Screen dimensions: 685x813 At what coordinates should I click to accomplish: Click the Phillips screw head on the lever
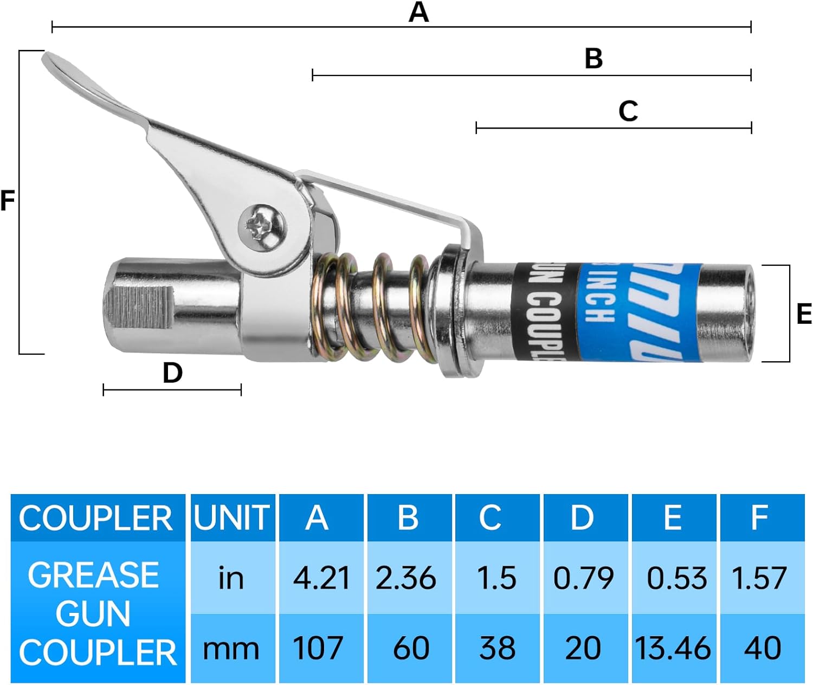pyautogui.click(x=261, y=227)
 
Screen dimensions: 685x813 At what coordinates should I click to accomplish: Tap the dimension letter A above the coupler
pyautogui.click(x=418, y=12)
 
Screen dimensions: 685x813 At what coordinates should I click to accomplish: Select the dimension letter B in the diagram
pyautogui.click(x=593, y=58)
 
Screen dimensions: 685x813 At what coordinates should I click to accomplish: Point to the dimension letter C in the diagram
pyautogui.click(x=628, y=111)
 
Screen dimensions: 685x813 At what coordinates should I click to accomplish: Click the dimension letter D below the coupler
pyautogui.click(x=172, y=373)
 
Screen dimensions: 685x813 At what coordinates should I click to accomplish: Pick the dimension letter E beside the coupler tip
pyautogui.click(x=804, y=314)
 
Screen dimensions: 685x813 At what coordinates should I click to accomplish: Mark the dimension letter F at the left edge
pyautogui.click(x=8, y=201)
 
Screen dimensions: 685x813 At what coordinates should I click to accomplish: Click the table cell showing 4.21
pyautogui.click(x=321, y=578)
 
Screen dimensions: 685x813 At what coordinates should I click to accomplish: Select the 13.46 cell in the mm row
pyautogui.click(x=673, y=648)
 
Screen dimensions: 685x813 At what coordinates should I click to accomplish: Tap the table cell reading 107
pyautogui.click(x=318, y=648)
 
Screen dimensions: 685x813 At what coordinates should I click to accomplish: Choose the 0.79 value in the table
pyautogui.click(x=583, y=578)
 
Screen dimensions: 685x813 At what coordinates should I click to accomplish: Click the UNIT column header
pyautogui.click(x=232, y=518)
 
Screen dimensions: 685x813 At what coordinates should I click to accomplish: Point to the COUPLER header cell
pyautogui.click(x=96, y=518)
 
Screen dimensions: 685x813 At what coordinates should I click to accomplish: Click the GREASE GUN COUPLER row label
pyautogui.click(x=96, y=613)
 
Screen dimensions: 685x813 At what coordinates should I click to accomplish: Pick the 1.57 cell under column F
pyautogui.click(x=759, y=578)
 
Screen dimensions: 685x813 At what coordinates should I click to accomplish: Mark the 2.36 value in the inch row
pyautogui.click(x=406, y=578)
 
